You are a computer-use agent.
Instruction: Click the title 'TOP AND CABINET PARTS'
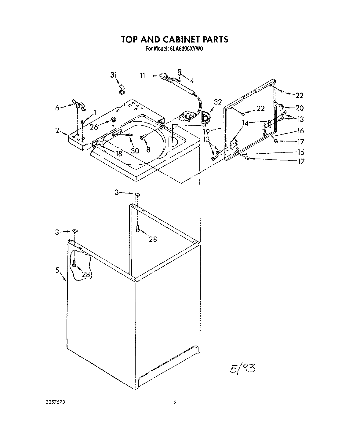pos(174,39)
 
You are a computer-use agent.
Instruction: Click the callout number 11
pos(142,76)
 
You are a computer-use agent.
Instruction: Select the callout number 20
pos(300,108)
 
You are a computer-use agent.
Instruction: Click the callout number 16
pos(300,131)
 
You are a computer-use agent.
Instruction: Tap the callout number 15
pos(301,152)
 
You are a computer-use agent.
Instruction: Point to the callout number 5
pos(57,270)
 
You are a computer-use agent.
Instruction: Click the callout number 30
pos(135,150)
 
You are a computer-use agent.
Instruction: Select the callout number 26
pos(94,127)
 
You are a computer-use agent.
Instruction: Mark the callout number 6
pos(57,107)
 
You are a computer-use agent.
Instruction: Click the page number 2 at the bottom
pos(175,403)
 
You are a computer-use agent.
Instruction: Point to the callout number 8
pos(148,150)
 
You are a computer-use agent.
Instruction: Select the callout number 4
pos(191,81)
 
